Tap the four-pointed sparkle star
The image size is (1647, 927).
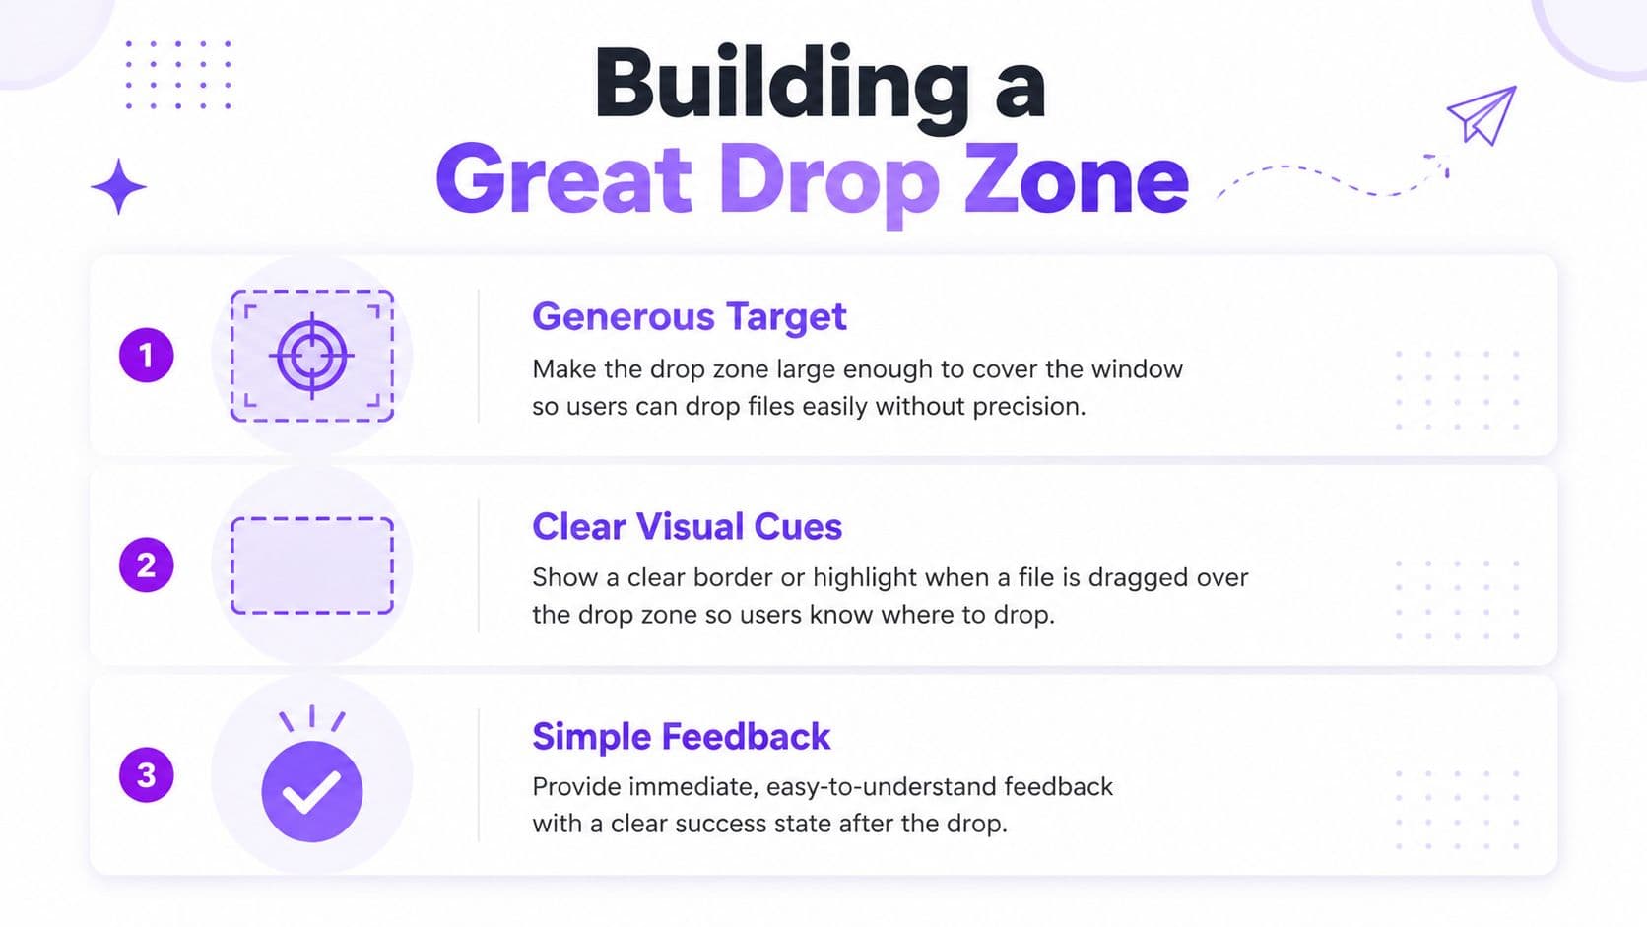tap(118, 187)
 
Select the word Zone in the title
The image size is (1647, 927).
tap(1076, 180)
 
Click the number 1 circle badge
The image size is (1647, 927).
tap(147, 355)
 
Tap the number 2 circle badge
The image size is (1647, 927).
tap(147, 564)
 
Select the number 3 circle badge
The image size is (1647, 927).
tap(147, 775)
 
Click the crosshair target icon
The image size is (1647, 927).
tap(311, 356)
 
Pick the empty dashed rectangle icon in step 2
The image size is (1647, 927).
tap(311, 565)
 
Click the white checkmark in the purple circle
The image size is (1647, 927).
tap(311, 791)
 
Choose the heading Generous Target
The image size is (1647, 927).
tap(689, 317)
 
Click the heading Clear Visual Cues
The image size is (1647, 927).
tap(687, 526)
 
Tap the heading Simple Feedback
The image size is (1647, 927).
tap(681, 736)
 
